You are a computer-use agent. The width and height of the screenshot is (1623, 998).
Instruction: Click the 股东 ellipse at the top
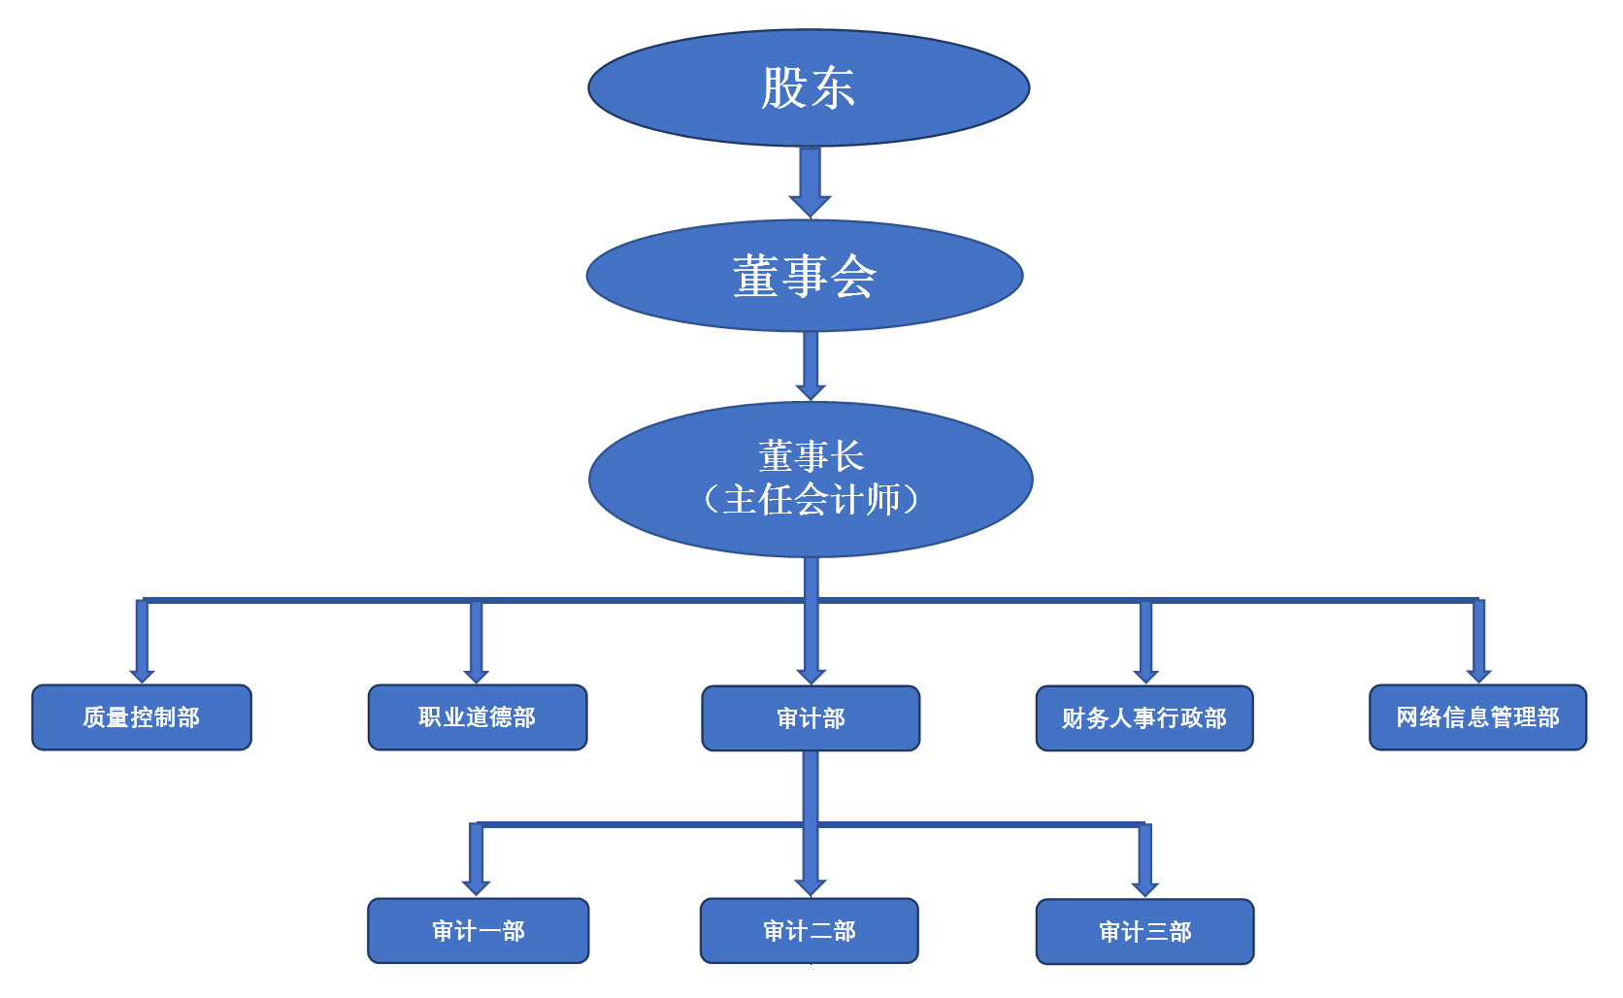tap(808, 87)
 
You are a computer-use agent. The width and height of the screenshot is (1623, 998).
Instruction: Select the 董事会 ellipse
tap(804, 276)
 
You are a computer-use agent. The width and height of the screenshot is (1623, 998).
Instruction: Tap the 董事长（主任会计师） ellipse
tap(810, 480)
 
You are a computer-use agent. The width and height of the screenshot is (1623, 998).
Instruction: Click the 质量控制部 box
tap(142, 717)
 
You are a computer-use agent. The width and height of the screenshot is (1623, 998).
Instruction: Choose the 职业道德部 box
tap(477, 717)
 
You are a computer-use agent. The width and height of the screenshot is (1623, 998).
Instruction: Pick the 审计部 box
tap(811, 718)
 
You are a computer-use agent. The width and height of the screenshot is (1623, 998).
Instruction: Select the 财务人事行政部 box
tap(1144, 718)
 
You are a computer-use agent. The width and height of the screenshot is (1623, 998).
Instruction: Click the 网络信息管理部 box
tap(1477, 717)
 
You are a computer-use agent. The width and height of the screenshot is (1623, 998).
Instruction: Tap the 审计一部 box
tap(478, 931)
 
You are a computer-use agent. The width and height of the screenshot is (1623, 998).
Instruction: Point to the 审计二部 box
tap(810, 931)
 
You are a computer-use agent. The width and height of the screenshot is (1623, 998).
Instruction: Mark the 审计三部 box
tap(1144, 932)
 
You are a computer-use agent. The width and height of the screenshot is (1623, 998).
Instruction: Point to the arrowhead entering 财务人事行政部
tap(1145, 676)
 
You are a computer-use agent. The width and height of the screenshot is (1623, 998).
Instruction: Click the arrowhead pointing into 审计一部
tap(477, 887)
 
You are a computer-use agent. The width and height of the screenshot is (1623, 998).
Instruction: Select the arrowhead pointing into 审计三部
tap(1145, 888)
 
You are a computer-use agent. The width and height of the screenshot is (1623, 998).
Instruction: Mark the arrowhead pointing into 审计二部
tap(811, 887)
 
